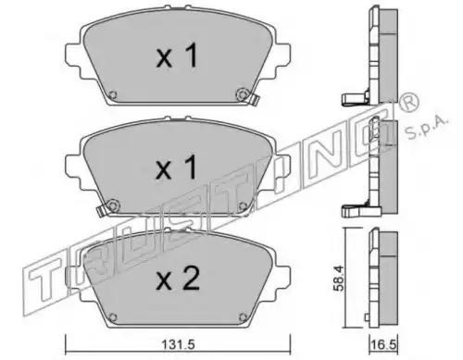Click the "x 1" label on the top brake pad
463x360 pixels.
[177, 56]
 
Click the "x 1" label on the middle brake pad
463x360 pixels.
[177, 168]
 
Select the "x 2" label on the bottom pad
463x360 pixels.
[178, 279]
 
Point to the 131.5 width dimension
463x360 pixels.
[179, 345]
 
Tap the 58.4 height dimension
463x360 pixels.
[339, 279]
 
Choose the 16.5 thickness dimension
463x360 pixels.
[383, 345]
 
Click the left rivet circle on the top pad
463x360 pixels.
[113, 94]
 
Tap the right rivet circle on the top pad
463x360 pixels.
[242, 94]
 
